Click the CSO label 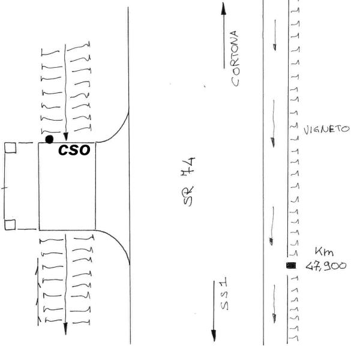point(74,151)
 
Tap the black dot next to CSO point(49,139)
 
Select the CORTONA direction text point(235,59)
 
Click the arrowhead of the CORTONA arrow point(224,9)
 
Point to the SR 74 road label point(189,182)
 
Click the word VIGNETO point(326,130)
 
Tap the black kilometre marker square point(291,266)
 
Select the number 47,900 point(326,266)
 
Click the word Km point(324,252)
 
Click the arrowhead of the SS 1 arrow point(214,335)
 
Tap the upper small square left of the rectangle point(10,148)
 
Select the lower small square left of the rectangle point(10,224)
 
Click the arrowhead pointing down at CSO point(66,137)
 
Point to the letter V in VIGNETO point(306,130)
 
